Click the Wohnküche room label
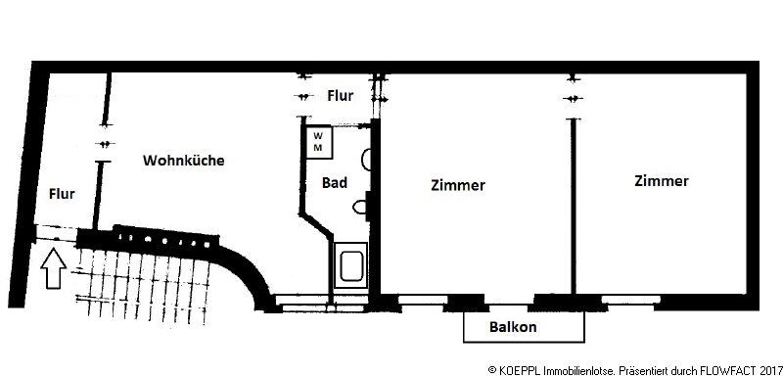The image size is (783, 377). click(x=184, y=161)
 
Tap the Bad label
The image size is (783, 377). click(x=335, y=183)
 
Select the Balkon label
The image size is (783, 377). click(x=513, y=327)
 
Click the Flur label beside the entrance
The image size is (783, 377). click(x=62, y=194)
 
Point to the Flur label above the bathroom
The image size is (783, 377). click(x=341, y=95)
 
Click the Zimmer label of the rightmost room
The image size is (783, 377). click(x=662, y=181)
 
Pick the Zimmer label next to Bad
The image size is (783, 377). click(x=458, y=185)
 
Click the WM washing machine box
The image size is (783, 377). click(x=319, y=142)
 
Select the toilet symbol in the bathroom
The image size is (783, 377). click(x=359, y=208)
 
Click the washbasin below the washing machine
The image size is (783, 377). click(x=365, y=159)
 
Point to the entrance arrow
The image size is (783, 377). click(x=56, y=268)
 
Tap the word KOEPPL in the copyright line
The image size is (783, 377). click(x=519, y=370)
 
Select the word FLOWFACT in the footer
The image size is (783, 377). click(x=730, y=370)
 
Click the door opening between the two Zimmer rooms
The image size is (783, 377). click(x=573, y=98)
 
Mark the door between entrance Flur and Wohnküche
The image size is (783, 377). click(x=104, y=144)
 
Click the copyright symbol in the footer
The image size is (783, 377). click(x=491, y=370)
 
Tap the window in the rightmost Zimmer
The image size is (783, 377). click(x=630, y=300)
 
